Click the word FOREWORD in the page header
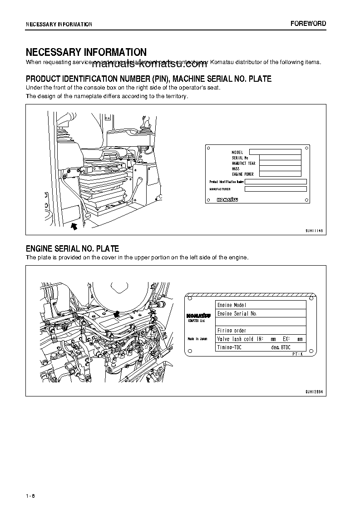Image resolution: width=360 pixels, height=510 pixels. [x=308, y=24]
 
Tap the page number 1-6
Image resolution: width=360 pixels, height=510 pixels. [x=30, y=495]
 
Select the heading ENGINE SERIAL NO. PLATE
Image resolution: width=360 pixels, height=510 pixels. [x=72, y=248]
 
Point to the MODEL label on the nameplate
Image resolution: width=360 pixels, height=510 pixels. [x=237, y=152]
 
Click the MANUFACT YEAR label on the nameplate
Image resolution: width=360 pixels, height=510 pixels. [x=243, y=163]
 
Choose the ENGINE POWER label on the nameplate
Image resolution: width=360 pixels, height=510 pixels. [x=242, y=174]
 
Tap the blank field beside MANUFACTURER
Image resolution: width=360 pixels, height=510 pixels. [x=276, y=189]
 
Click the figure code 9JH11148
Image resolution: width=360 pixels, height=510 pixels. [x=314, y=230]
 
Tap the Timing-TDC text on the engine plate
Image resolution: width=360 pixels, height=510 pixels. [x=229, y=347]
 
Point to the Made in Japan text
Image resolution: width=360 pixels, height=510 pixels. [x=197, y=339]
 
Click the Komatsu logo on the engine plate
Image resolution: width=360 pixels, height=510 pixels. [x=197, y=315]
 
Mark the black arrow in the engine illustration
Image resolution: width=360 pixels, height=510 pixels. [x=117, y=313]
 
